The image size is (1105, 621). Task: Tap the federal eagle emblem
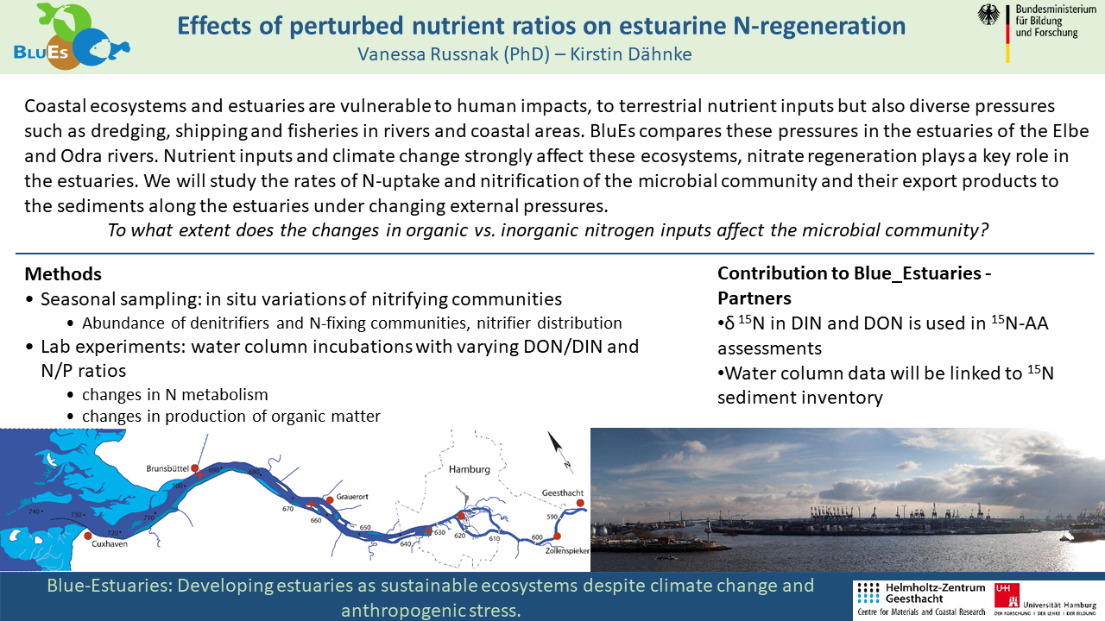point(988,15)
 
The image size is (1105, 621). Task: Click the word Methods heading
point(63,274)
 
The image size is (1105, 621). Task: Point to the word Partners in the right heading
point(755,298)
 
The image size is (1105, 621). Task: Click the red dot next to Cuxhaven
point(88,536)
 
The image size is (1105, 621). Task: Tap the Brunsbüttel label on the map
point(167,468)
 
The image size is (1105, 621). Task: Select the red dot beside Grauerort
point(330,499)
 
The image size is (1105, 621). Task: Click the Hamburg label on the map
point(469,470)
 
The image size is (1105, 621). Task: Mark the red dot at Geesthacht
point(580,503)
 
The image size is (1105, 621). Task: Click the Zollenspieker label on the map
point(567,551)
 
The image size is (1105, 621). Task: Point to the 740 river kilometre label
point(34,511)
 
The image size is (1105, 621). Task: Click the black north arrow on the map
point(558,445)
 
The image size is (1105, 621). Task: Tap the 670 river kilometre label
point(287,509)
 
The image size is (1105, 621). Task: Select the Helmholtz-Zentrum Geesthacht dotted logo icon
point(868,593)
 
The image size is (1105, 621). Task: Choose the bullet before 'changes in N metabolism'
point(71,395)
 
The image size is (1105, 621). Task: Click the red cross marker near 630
point(428,531)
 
